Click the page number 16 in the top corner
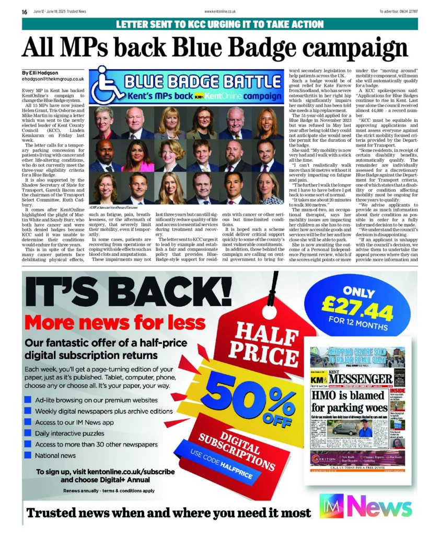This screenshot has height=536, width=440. [x=25, y=12]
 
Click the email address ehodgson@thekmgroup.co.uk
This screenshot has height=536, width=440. [x=53, y=79]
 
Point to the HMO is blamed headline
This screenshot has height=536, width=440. [x=349, y=401]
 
